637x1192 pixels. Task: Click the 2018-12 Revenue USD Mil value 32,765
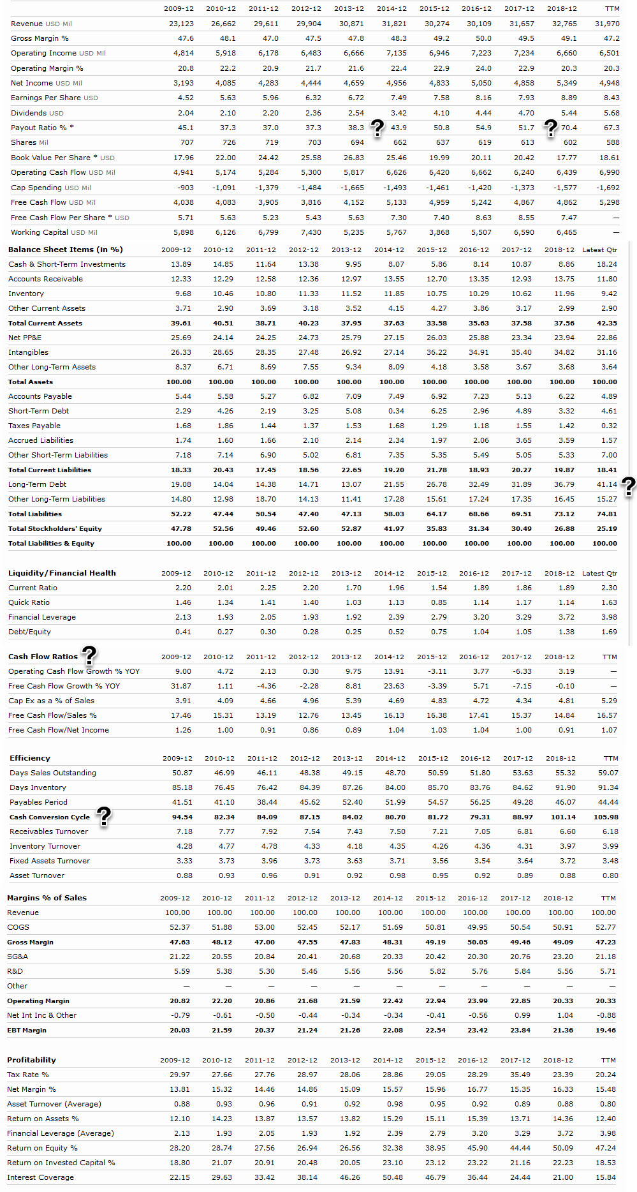pyautogui.click(x=564, y=24)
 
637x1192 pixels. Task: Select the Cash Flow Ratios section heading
pyautogui.click(x=43, y=657)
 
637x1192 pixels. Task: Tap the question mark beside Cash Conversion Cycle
pyautogui.click(x=103, y=816)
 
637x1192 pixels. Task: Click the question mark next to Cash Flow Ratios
pyautogui.click(x=90, y=654)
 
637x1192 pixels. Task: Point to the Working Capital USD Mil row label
pyautogui.click(x=54, y=232)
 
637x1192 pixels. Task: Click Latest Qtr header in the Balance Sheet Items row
pyautogui.click(x=599, y=250)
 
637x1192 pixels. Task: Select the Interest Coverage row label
pyautogui.click(x=40, y=1177)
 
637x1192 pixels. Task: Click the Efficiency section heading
pyautogui.click(x=30, y=758)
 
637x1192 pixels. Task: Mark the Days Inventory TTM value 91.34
pyautogui.click(x=608, y=787)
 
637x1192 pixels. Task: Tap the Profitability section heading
pyautogui.click(x=31, y=1060)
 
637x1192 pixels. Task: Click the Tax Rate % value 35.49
pyautogui.click(x=520, y=1075)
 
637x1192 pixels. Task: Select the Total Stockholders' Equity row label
pyautogui.click(x=55, y=528)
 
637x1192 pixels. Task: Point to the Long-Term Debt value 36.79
pyautogui.click(x=564, y=484)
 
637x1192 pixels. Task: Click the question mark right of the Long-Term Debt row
pyautogui.click(x=628, y=486)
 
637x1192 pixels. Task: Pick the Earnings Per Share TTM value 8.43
pyautogui.click(x=611, y=98)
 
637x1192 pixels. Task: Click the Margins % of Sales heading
pyautogui.click(x=47, y=898)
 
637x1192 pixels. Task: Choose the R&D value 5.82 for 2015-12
pyautogui.click(x=437, y=971)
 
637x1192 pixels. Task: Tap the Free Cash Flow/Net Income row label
pyautogui.click(x=59, y=730)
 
